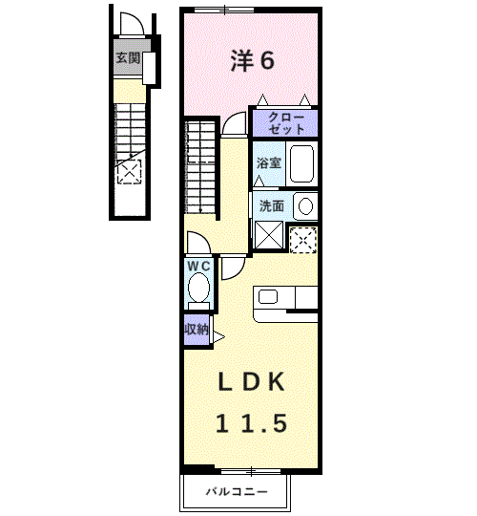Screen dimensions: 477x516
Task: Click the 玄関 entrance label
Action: coord(128,58)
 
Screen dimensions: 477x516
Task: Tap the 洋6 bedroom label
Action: coord(253,60)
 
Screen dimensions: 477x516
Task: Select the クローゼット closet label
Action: coord(285,123)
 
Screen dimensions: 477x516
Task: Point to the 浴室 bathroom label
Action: coord(269,162)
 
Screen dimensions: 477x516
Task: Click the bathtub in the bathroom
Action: coord(301,163)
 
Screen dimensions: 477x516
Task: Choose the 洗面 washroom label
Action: coord(272,206)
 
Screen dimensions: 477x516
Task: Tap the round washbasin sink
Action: coord(306,206)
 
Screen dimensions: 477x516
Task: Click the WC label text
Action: coord(198,266)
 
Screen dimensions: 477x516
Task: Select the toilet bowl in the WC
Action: coord(198,288)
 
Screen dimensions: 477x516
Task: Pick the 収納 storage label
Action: coord(197,329)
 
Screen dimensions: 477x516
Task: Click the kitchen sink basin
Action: coord(268,296)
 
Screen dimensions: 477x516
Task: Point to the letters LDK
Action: coord(251,381)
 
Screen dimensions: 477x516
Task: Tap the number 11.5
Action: coord(251,423)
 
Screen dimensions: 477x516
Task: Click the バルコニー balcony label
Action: coord(237,492)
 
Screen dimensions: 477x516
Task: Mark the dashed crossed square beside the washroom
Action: coord(303,240)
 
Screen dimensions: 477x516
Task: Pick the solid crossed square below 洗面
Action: coord(269,235)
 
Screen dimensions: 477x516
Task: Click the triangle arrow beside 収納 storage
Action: coord(218,337)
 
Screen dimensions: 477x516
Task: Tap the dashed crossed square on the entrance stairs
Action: coord(130,171)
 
